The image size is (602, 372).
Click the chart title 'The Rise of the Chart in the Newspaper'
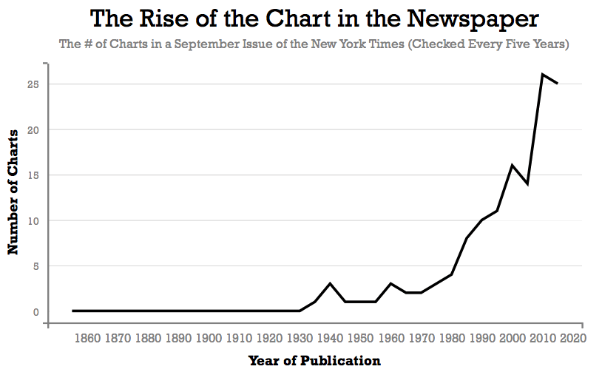click(x=314, y=19)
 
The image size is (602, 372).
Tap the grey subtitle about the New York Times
click(x=314, y=44)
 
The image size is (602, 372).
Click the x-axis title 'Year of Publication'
click(x=314, y=361)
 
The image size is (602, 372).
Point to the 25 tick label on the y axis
click(x=32, y=84)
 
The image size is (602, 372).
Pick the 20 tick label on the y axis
click(x=32, y=130)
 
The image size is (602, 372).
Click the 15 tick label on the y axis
click(x=32, y=175)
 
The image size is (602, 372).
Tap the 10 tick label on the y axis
click(x=32, y=221)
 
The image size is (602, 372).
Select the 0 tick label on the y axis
click(x=35, y=312)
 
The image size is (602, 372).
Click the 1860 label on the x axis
click(x=87, y=338)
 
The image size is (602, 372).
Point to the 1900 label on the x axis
click(x=209, y=338)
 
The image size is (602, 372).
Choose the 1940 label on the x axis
click(x=331, y=338)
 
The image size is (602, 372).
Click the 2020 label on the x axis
click(x=573, y=338)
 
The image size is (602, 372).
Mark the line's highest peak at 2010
click(x=543, y=74)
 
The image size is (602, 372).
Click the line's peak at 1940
click(x=330, y=284)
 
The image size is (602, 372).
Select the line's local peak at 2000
click(x=513, y=165)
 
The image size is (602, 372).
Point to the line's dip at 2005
click(x=527, y=183)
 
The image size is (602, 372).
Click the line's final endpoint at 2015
click(x=558, y=84)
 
